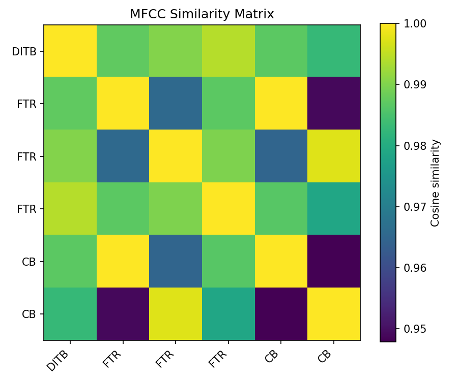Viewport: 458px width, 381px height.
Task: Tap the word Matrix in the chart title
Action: point(255,14)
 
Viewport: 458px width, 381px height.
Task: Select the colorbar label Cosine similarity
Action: point(435,182)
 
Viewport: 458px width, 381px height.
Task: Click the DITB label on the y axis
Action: point(24,51)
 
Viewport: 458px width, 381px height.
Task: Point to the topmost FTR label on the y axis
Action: point(26,104)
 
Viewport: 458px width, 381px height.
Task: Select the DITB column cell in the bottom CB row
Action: point(70,313)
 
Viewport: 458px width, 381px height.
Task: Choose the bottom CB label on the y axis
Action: point(28,314)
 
